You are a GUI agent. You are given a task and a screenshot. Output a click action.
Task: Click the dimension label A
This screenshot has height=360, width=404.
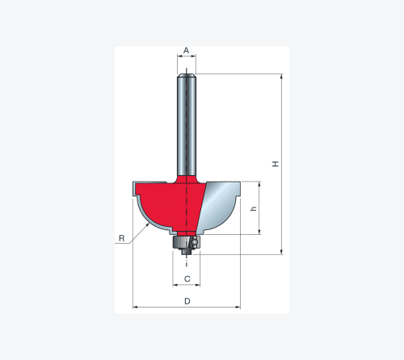click(186, 50)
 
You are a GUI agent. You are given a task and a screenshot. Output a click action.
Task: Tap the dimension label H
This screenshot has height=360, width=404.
click(276, 164)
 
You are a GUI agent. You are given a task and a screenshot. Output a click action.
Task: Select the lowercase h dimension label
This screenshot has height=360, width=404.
click(254, 208)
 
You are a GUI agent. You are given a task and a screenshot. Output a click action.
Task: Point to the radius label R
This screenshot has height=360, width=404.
click(122, 238)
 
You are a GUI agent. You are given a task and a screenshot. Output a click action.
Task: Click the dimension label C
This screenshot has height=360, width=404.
click(187, 279)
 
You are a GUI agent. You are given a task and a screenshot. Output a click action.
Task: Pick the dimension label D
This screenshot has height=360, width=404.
click(187, 301)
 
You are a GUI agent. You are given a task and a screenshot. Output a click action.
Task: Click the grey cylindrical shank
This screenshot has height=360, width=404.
click(187, 125)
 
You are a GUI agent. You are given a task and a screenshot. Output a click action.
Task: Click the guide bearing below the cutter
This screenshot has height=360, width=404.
click(186, 243)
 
